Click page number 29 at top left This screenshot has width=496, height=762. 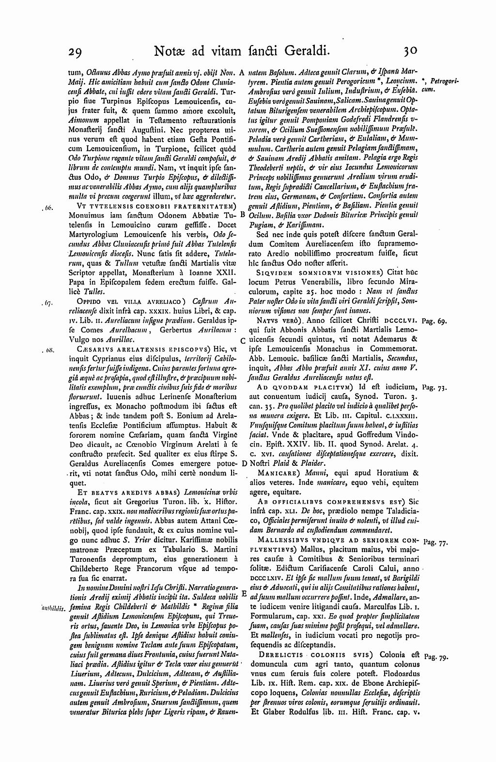click(77, 51)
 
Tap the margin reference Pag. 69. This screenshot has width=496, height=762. click(435, 321)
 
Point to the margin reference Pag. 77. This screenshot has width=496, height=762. click(435, 542)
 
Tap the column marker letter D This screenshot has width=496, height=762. click(245, 463)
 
